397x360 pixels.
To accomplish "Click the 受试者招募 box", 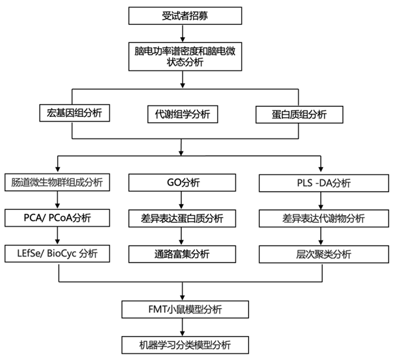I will click(x=185, y=15).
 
